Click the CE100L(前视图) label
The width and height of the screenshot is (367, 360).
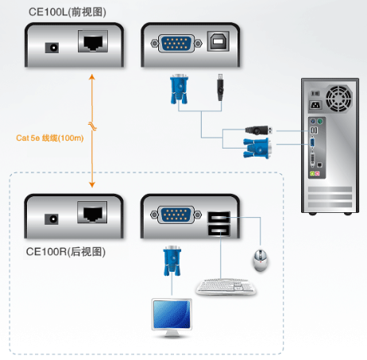coord(68,12)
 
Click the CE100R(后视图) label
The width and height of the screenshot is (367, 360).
coord(66,252)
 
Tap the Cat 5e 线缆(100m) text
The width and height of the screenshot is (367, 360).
coord(50,138)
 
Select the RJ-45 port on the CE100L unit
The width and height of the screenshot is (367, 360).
coord(93,41)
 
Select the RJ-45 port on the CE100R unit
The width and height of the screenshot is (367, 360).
coord(92,212)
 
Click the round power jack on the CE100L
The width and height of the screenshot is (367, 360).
coord(52,48)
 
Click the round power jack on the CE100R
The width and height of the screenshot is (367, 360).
coord(52,219)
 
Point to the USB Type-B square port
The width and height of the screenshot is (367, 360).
coord(218,41)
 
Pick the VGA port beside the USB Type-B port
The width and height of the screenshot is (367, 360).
coord(176,43)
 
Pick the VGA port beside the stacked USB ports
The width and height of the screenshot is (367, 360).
coord(176,215)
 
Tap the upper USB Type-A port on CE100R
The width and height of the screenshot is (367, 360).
coord(219,217)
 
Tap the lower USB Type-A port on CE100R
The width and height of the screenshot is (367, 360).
coord(219,230)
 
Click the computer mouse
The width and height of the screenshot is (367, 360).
coord(261,260)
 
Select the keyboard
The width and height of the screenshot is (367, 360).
coord(226,287)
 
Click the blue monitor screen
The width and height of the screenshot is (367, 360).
coord(172,315)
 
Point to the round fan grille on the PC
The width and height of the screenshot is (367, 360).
coord(339,99)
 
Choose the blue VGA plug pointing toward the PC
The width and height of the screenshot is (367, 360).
coord(257,149)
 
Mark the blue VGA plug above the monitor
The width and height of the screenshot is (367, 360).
coord(172,261)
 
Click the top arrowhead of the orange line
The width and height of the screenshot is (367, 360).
coord(92,77)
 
